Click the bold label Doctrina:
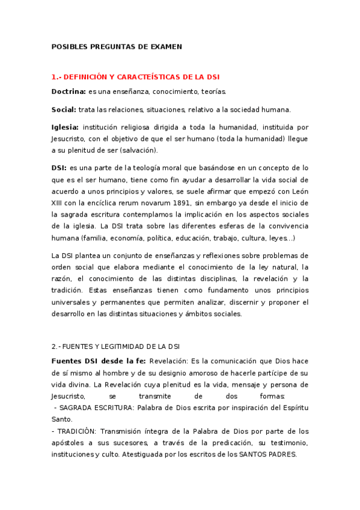pos(68,92)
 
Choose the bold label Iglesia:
pos(65,127)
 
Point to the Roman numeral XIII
pos(58,203)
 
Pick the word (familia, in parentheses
pos(103,238)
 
